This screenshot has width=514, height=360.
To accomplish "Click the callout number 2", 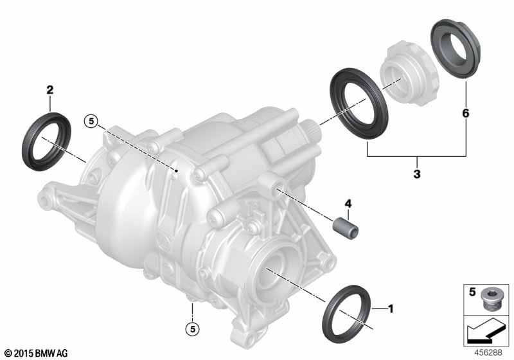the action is (50, 89).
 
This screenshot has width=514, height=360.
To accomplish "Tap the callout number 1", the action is (390, 309).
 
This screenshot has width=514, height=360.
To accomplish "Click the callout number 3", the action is (416, 174).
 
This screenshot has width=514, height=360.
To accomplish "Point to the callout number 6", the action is (465, 113).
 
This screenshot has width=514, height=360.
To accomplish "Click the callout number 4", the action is (348, 204).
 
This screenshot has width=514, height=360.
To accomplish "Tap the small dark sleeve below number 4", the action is (346, 228).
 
